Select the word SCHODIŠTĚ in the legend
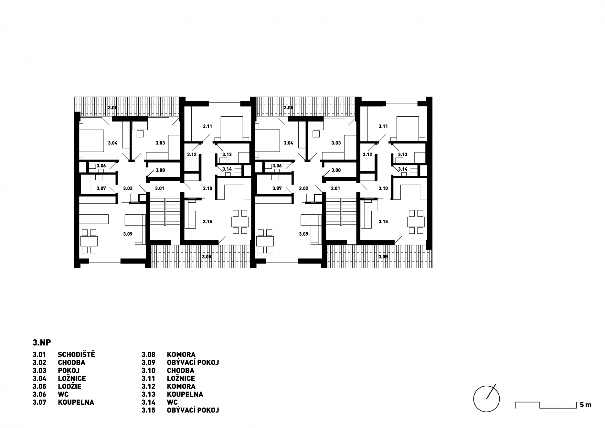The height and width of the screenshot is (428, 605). click(76, 355)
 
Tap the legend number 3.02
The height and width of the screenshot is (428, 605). click(39, 363)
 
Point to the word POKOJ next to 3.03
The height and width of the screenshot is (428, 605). click(69, 370)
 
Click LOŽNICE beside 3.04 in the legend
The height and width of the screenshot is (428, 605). click(72, 378)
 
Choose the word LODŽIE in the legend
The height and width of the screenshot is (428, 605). click(69, 386)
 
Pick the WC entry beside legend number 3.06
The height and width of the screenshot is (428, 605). click(63, 394)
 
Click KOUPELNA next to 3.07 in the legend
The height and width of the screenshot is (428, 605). click(76, 402)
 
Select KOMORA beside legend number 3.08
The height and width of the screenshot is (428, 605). click(181, 355)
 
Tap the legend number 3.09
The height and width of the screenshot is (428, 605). click(148, 363)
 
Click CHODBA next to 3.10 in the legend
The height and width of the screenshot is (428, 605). click(181, 370)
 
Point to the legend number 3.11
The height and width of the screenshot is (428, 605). click(148, 379)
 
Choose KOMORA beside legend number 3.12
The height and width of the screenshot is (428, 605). click(181, 386)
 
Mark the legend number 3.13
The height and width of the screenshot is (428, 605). click(148, 394)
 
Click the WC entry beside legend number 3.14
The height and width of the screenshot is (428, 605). click(172, 402)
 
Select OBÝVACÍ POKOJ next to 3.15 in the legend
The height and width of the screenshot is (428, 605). click(193, 410)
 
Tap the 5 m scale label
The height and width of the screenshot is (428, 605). click(586, 405)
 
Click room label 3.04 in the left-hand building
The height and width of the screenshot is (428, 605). click(112, 143)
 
